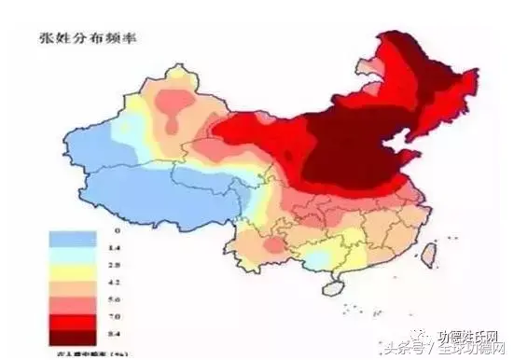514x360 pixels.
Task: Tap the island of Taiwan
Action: (430, 253)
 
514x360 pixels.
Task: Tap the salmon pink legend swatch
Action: (71, 297)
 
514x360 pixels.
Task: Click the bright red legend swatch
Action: (71, 312)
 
